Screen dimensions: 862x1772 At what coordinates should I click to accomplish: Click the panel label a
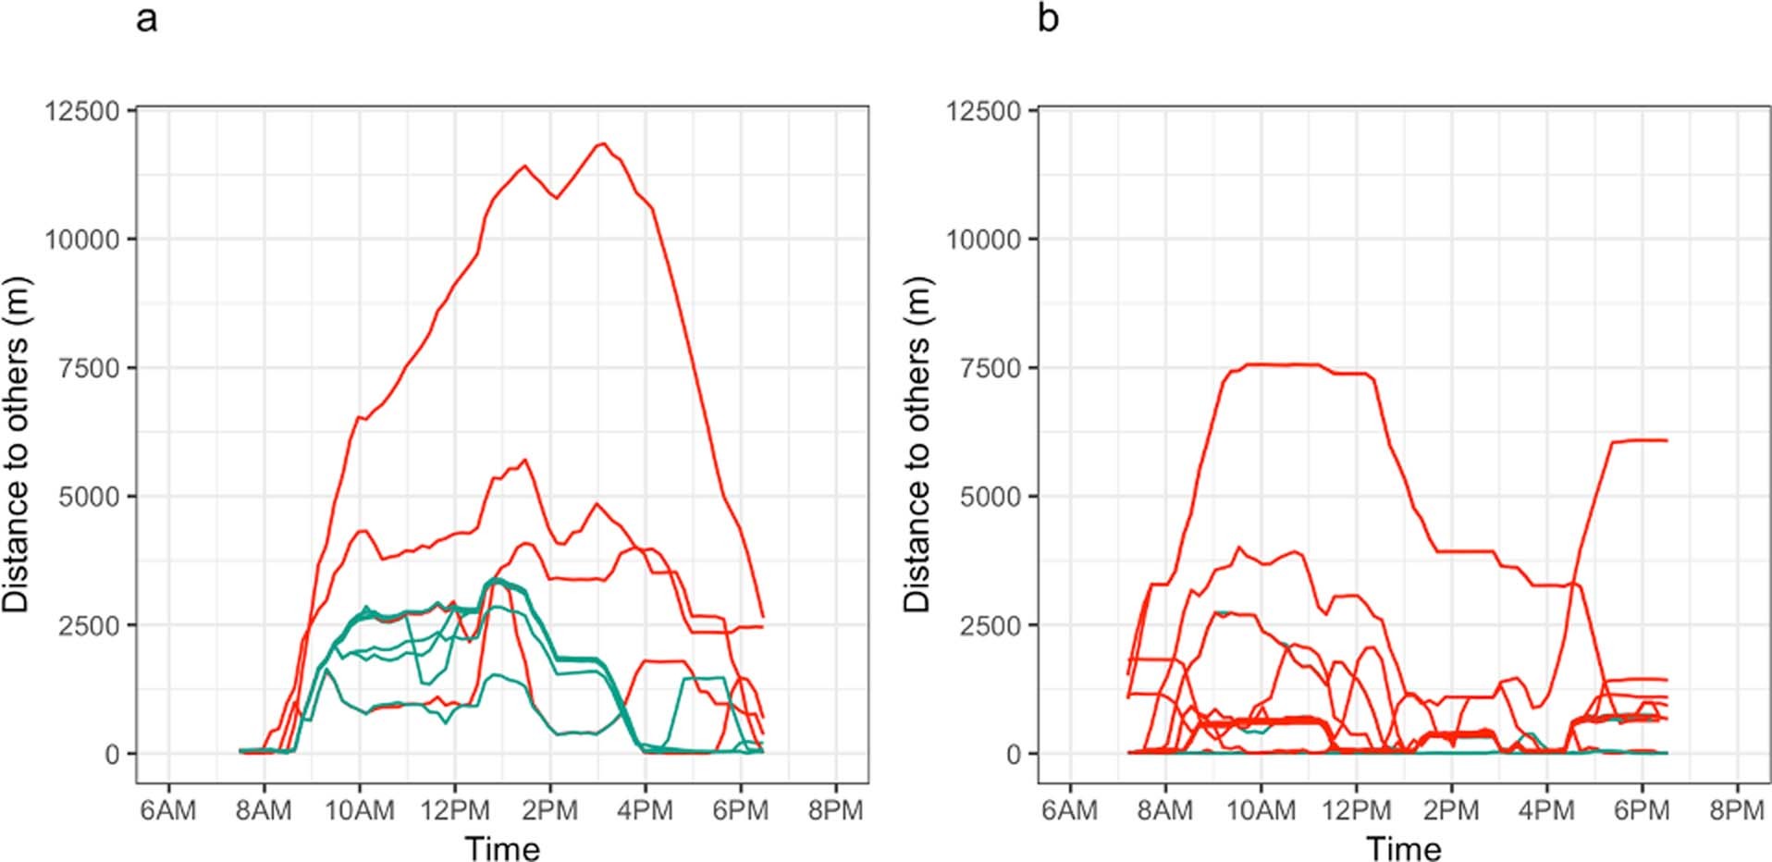point(146,18)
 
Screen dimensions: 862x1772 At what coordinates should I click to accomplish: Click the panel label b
point(1048,18)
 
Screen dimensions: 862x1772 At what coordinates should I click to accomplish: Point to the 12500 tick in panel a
point(82,111)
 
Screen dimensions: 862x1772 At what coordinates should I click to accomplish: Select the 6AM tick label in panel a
point(168,811)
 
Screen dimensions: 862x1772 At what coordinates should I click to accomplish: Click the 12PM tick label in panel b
point(1356,811)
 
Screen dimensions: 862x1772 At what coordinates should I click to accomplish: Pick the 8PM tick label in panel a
point(835,811)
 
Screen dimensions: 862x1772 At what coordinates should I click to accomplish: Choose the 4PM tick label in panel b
point(1546,811)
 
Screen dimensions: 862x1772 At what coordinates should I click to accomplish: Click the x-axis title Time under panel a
point(502,847)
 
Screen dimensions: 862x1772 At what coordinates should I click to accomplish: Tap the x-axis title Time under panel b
point(1403,847)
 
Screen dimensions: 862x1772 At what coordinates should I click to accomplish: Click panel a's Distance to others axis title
point(17,444)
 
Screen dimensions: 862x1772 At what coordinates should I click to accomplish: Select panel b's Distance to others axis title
point(917,444)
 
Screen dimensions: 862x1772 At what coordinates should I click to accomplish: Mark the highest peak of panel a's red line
point(602,143)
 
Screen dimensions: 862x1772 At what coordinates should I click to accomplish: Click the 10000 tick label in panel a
point(82,240)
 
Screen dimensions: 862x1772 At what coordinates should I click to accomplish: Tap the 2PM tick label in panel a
point(550,811)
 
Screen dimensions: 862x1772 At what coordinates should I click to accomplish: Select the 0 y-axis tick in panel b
point(1015,755)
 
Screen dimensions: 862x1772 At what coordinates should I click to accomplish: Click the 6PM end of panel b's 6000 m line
point(1665,440)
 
